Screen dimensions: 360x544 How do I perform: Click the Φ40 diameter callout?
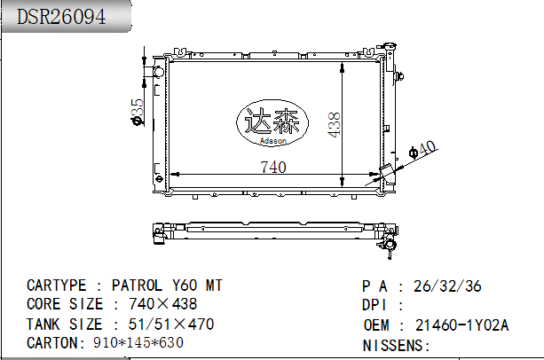click(425, 150)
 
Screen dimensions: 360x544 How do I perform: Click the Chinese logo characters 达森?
click(271, 121)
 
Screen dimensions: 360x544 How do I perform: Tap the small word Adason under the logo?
click(272, 140)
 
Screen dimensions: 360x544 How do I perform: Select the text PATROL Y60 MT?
click(167, 286)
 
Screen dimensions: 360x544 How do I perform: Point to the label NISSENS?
click(396, 344)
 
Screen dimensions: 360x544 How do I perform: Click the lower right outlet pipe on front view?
click(389, 174)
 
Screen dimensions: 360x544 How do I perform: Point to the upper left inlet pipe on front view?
click(156, 70)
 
